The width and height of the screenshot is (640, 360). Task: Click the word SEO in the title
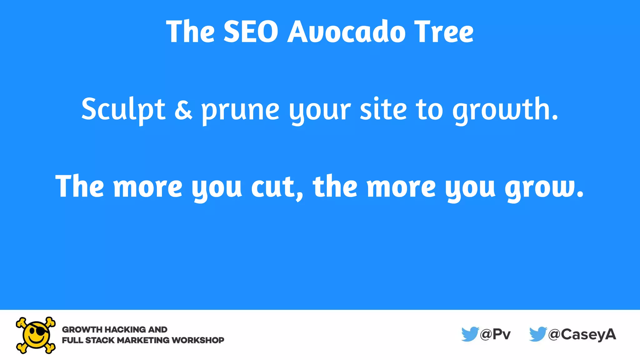pyautogui.click(x=251, y=32)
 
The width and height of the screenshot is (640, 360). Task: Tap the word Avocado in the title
pyautogui.click(x=346, y=32)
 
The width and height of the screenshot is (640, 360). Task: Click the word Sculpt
pyautogui.click(x=123, y=109)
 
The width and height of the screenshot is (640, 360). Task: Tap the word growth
pyautogui.click(x=505, y=109)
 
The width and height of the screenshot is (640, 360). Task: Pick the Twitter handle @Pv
pyautogui.click(x=495, y=334)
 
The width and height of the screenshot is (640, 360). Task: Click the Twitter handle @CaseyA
pyautogui.click(x=582, y=334)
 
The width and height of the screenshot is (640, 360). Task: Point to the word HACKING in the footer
pyautogui.click(x=125, y=329)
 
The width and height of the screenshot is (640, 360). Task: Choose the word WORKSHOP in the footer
pyautogui.click(x=198, y=340)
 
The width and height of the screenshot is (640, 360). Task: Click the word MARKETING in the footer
pyautogui.click(x=143, y=340)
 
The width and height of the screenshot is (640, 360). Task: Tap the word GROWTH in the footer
pyautogui.click(x=82, y=329)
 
